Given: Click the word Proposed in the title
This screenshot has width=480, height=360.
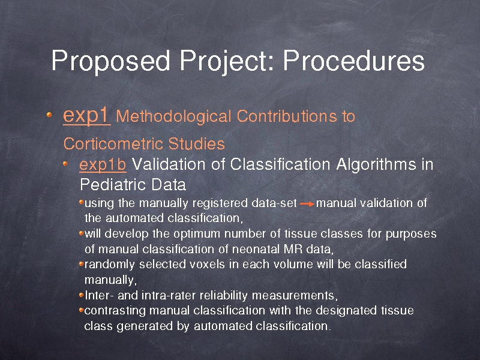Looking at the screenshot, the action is tap(110, 61).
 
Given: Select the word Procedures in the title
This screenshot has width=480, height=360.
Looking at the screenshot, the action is tap(354, 61).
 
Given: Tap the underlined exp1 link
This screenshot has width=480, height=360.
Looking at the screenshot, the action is tap(86, 116).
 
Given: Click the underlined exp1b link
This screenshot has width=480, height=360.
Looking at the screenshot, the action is tap(103, 164).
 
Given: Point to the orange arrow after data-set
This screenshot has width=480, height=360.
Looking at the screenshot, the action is tap(307, 204).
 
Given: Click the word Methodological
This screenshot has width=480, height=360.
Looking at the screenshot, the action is tap(173, 116).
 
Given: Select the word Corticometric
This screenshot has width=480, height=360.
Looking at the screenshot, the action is tap(113, 144).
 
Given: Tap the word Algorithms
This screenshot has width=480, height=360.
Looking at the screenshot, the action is tap(376, 164).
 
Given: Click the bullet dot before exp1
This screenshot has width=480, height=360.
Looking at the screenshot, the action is tap(49, 115).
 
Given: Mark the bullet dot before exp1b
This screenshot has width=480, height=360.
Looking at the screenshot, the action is tap(65, 163).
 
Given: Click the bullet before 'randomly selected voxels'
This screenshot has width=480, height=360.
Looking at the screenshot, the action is tap(81, 263).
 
